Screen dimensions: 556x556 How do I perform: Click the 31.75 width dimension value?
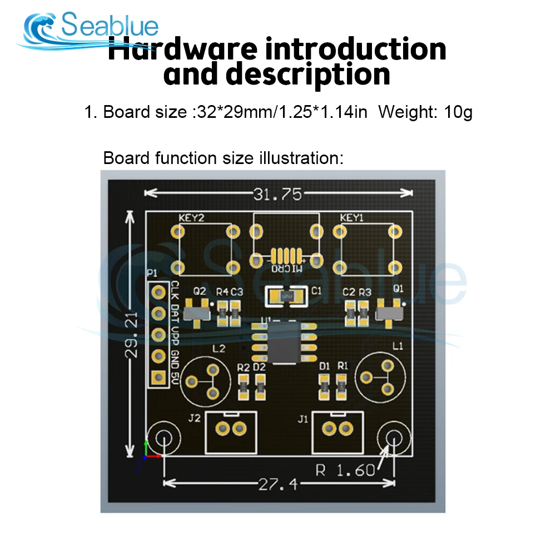tap(277, 194)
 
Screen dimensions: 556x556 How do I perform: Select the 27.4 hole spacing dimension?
tap(278, 484)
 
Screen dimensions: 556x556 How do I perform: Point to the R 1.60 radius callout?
tap(345, 470)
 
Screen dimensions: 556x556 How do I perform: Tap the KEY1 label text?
tap(351, 218)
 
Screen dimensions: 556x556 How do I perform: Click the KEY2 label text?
tap(191, 218)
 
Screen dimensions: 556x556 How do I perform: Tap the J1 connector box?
tap(337, 432)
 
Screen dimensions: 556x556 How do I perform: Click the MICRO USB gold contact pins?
tap(286, 256)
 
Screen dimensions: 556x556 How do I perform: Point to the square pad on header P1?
tap(159, 377)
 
